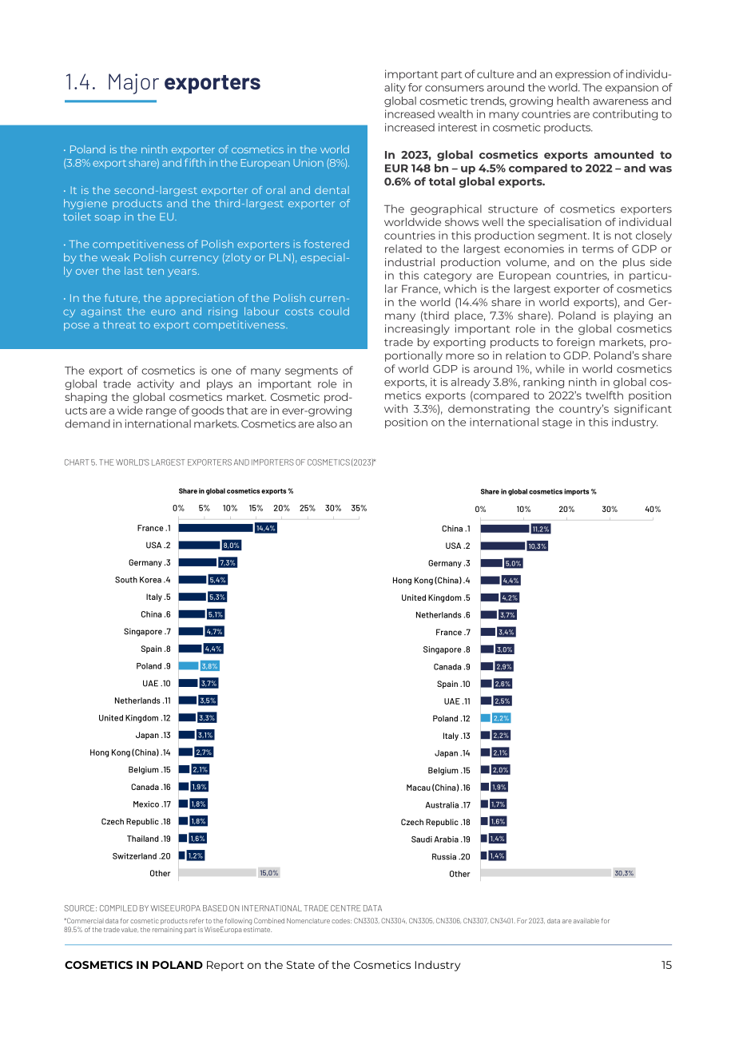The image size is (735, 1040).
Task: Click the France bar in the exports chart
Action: pyautogui.click(x=216, y=528)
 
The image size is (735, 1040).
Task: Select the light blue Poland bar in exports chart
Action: pyautogui.click(x=189, y=666)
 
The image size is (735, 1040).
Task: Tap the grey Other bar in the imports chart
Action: pyautogui.click(x=546, y=873)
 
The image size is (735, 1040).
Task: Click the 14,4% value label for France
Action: pyautogui.click(x=265, y=528)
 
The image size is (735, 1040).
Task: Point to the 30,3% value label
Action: pyautogui.click(x=624, y=873)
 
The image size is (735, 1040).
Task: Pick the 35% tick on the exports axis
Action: pyautogui.click(x=359, y=508)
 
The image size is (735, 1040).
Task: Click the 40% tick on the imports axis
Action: pyautogui.click(x=653, y=509)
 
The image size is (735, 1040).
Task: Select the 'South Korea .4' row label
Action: pyautogui.click(x=142, y=579)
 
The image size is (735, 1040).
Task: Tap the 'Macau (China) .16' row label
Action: pyautogui.click(x=438, y=788)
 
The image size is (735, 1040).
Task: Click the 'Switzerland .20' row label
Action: pyautogui.click(x=141, y=855)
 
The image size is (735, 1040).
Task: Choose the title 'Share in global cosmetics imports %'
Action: pyautogui.click(x=538, y=491)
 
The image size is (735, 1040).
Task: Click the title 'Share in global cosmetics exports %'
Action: pyautogui.click(x=236, y=490)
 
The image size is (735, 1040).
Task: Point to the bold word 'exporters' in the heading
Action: pyautogui.click(x=213, y=82)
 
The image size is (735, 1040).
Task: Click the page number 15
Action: pyautogui.click(x=666, y=965)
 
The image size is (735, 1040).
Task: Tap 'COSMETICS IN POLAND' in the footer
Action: pyautogui.click(x=133, y=965)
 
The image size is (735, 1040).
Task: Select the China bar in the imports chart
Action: pyautogui.click(x=505, y=528)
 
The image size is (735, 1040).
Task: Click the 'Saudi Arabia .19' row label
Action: pyautogui.click(x=440, y=839)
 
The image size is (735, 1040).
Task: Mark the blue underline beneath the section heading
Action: pyautogui.click(x=110, y=101)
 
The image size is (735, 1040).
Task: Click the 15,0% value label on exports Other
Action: pyautogui.click(x=269, y=872)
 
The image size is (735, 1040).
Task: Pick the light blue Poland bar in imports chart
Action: pyautogui.click(x=485, y=718)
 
